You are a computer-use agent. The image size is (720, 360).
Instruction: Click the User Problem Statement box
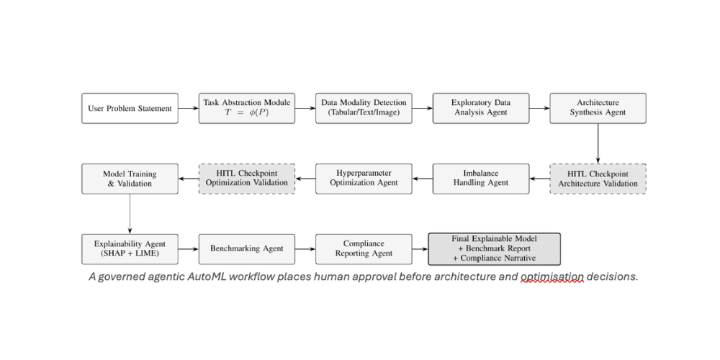click(x=130, y=109)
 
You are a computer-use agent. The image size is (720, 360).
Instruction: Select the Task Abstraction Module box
click(x=247, y=109)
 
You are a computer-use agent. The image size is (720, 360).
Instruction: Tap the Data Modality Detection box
click(x=364, y=109)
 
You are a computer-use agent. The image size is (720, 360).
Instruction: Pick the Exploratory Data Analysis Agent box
click(x=481, y=109)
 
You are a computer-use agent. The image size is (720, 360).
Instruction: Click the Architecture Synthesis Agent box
click(x=598, y=109)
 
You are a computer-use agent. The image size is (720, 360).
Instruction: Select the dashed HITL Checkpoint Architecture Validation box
click(x=598, y=179)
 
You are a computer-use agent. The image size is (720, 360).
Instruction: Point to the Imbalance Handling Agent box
click(x=481, y=179)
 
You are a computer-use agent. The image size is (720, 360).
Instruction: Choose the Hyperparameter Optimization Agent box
click(x=364, y=179)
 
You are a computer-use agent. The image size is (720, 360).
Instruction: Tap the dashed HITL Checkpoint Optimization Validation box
click(x=247, y=179)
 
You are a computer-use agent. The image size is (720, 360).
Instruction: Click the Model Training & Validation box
click(x=130, y=179)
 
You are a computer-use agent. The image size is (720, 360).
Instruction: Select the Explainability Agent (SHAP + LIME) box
click(x=130, y=249)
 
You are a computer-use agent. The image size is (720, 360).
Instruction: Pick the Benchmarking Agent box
click(x=247, y=249)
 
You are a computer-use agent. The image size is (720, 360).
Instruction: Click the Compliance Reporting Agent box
click(x=364, y=249)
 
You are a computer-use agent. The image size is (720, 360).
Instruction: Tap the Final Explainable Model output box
click(x=495, y=249)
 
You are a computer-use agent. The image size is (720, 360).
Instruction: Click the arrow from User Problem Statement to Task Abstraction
click(x=188, y=109)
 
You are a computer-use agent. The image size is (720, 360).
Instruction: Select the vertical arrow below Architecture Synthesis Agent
click(x=598, y=143)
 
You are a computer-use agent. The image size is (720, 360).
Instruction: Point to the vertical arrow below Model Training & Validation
click(x=130, y=214)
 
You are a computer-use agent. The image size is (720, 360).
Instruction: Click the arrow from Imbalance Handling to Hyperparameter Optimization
click(x=423, y=179)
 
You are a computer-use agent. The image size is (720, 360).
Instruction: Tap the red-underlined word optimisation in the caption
click(x=552, y=277)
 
